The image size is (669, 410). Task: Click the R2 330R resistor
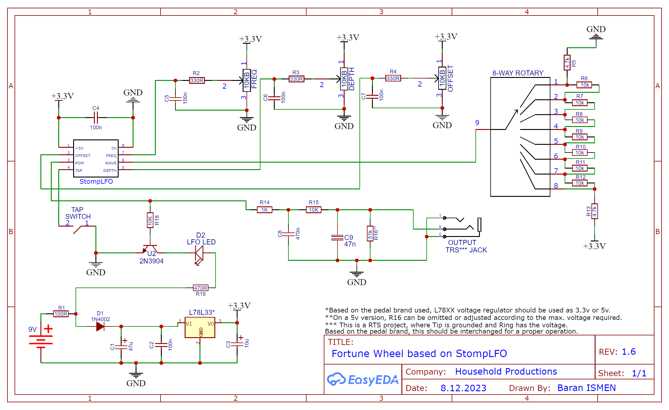(197, 80)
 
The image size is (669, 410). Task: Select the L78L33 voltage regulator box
(200, 327)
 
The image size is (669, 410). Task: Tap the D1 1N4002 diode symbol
(100, 326)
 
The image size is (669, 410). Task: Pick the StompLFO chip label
(96, 181)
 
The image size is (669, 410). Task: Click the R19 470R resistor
(201, 288)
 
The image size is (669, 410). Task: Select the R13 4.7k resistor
(595, 211)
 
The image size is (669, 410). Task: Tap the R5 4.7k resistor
(567, 63)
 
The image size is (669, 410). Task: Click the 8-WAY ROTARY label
(518, 73)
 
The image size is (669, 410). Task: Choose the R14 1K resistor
(264, 210)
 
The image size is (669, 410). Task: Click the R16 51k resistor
(370, 234)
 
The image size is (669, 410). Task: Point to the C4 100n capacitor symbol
(96, 118)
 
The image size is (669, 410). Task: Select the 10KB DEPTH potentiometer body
(344, 79)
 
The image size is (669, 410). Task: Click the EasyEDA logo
(362, 380)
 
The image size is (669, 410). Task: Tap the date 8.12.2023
(463, 388)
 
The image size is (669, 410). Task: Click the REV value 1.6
(629, 352)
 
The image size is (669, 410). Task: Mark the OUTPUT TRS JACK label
(466, 246)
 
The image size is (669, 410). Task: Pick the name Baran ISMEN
(586, 388)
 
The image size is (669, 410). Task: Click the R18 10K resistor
(150, 220)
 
